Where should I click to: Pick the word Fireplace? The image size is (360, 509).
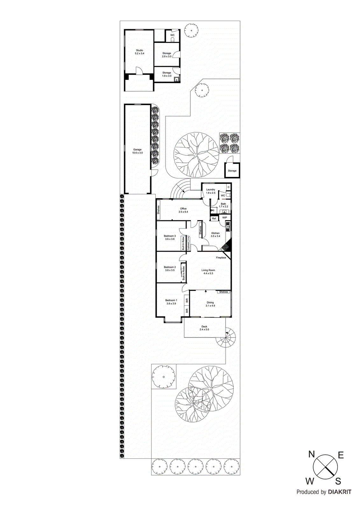[x=221, y=258]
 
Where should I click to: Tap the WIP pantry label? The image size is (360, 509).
[x=225, y=218]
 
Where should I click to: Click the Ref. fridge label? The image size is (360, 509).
[x=214, y=219]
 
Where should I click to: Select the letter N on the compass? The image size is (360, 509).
[x=311, y=454]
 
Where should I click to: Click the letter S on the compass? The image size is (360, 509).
[x=338, y=481]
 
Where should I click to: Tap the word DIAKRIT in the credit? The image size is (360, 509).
[x=340, y=492]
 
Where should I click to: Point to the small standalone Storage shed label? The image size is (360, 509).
[x=232, y=171]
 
